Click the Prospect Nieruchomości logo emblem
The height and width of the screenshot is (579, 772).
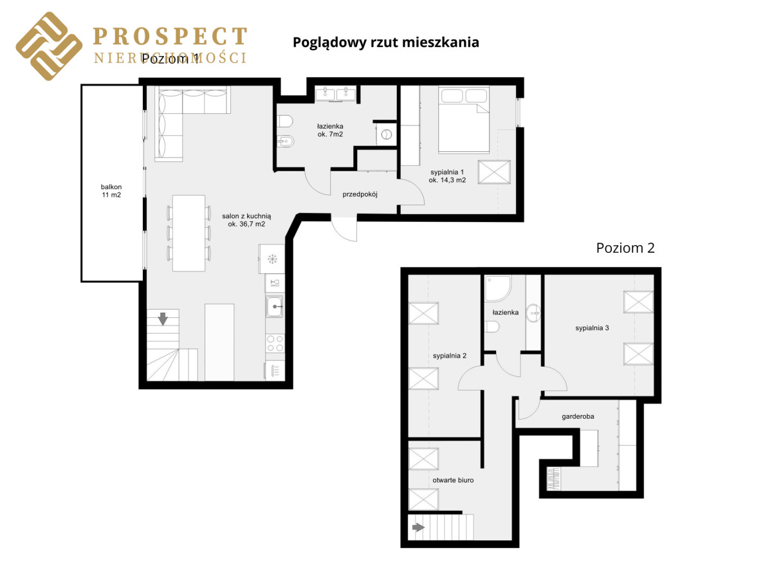pos(49,46)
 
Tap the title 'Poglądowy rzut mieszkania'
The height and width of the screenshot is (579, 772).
pos(385,42)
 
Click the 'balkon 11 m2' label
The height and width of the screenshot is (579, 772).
pos(111,190)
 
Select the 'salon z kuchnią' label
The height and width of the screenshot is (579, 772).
pos(246,216)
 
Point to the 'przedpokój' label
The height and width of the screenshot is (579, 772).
pos(360,194)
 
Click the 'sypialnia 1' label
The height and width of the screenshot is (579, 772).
pos(447,172)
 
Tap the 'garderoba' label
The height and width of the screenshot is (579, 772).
pos(578,416)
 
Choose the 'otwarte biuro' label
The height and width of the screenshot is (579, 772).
pos(453,480)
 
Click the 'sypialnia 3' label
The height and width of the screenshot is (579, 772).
pos(592,327)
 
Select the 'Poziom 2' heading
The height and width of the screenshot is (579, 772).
pos(625,248)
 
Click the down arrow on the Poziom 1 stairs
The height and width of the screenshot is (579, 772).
pos(163,318)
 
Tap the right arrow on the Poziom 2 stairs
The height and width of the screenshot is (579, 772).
pos(418,528)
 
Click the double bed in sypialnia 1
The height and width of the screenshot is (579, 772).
pos(464,120)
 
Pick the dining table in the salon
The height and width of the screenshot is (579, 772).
pos(188,233)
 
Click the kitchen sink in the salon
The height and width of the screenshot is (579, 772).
pos(274,307)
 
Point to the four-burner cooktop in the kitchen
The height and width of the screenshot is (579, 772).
pos(275,343)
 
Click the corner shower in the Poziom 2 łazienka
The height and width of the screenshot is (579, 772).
pos(498,289)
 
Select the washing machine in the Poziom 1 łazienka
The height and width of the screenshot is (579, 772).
pos(386,134)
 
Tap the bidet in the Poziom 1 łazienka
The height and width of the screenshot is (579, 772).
pos(285,142)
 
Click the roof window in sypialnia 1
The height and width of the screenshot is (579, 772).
pos(494,172)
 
